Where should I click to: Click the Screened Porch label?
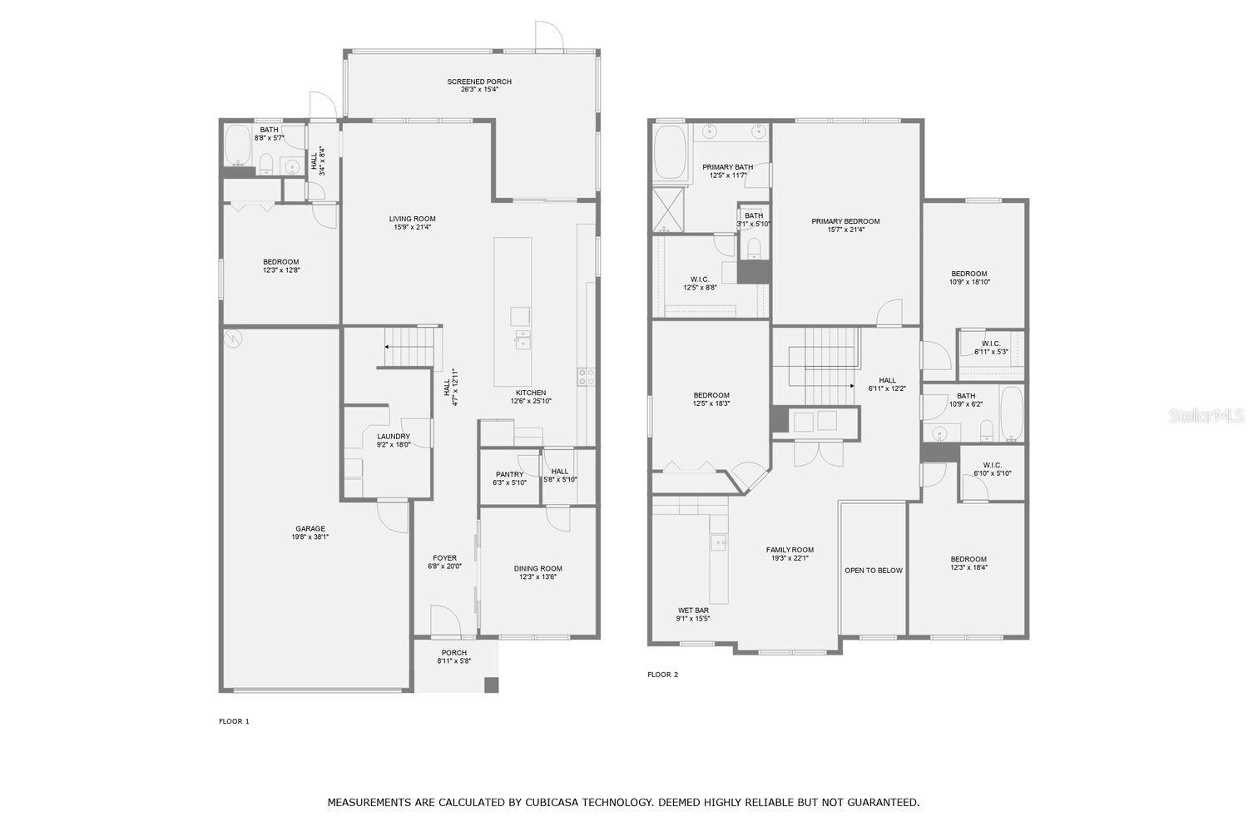(479, 82)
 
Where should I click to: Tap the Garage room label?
(310, 528)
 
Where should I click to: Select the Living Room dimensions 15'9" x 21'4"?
(413, 227)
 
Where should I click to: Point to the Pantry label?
(510, 474)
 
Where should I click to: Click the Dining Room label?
(537, 569)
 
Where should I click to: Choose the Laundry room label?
(394, 437)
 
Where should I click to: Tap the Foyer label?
(444, 558)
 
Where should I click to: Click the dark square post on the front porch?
(492, 685)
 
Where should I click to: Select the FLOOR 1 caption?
(234, 721)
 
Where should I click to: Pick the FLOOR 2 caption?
(663, 675)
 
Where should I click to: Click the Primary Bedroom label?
(846, 221)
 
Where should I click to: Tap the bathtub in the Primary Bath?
(671, 151)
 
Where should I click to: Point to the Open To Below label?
(874, 571)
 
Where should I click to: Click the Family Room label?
(790, 550)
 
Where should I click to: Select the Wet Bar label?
(693, 611)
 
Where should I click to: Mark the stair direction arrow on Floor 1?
(409, 346)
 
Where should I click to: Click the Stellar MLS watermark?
(1206, 415)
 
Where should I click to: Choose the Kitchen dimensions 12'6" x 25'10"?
(531, 401)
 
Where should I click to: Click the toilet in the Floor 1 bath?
(266, 164)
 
